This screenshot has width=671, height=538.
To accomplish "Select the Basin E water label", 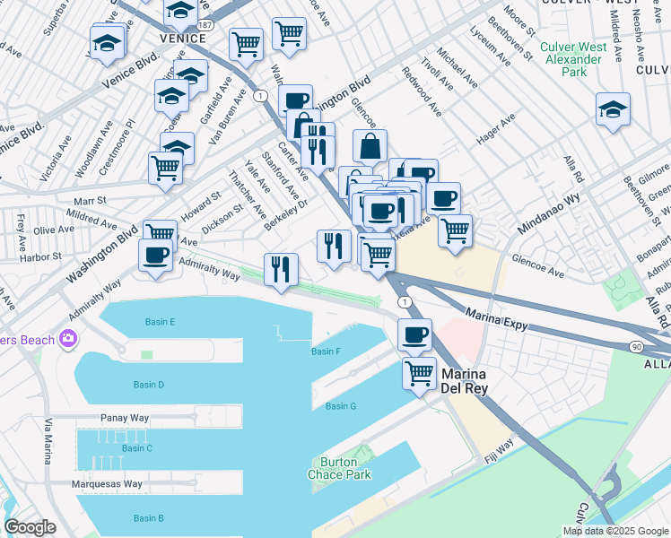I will tap(160, 322).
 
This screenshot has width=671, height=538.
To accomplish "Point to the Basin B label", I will tap(148, 518).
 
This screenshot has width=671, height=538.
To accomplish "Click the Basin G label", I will tap(341, 406).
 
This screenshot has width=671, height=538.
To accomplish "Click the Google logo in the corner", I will tap(30, 527).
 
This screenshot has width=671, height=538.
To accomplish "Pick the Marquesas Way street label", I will tap(108, 484).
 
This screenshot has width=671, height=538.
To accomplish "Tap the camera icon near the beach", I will tap(67, 338).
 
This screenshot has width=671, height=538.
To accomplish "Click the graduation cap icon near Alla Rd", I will tap(613, 109).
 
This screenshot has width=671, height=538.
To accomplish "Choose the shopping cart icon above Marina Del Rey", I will tap(419, 372).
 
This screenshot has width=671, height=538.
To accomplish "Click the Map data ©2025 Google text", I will tap(615, 531).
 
